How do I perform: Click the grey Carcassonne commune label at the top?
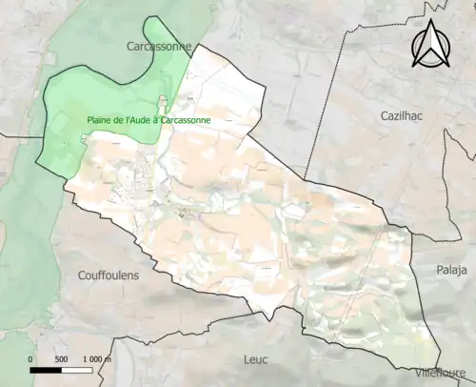tap(159, 45)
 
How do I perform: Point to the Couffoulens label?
tap(107, 275)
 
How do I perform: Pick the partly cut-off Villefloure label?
tap(444, 373)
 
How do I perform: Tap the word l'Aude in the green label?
tap(144, 121)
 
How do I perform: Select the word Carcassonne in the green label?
tap(187, 121)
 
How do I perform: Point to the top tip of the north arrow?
tap(430, 22)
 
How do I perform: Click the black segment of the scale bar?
tap(47, 370)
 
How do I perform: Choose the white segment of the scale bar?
tap(79, 370)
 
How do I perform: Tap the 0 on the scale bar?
tap(31, 359)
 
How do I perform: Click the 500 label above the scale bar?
tap(61, 359)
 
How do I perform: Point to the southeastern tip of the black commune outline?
tap(441, 363)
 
